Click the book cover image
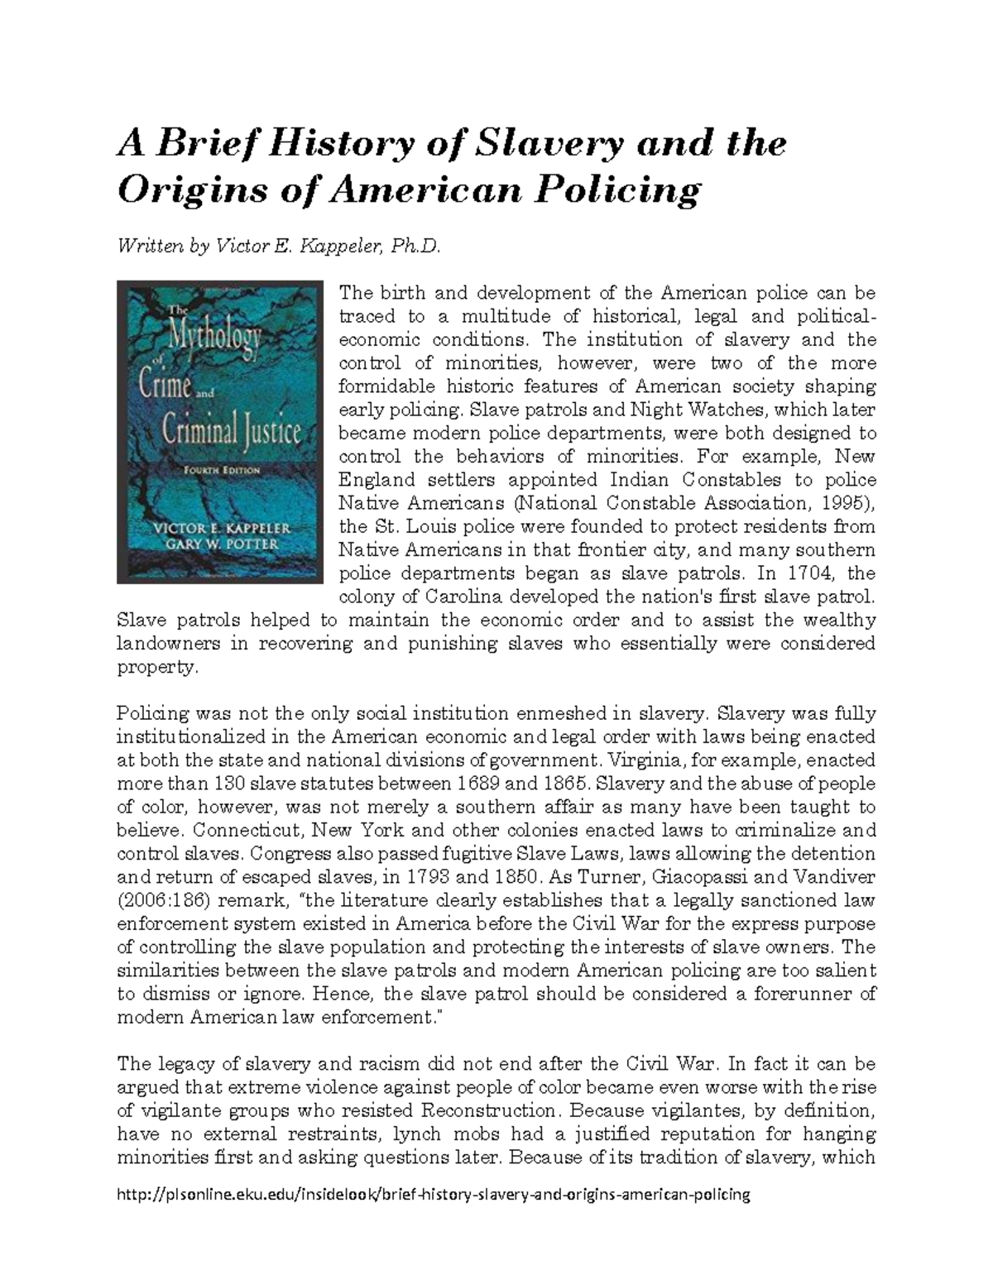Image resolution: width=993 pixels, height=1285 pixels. (x=220, y=432)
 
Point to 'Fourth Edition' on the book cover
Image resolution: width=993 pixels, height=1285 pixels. (x=220, y=470)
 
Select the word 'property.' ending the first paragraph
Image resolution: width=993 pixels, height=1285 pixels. (x=158, y=667)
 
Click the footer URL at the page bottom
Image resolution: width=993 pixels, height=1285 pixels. (x=434, y=1194)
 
